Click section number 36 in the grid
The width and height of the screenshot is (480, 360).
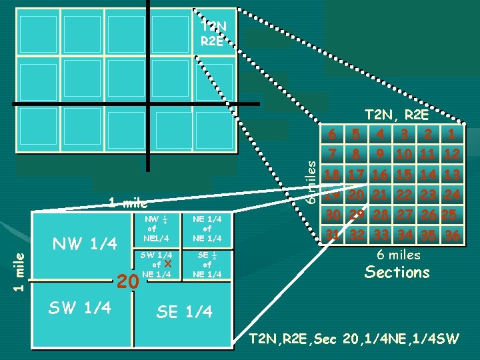pos(453,235)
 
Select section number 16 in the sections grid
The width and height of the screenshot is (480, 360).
pos(379,175)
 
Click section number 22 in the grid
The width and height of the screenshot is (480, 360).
pos(403,195)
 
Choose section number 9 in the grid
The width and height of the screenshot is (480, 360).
pos(380,154)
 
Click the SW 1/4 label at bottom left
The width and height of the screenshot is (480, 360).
pos(79,307)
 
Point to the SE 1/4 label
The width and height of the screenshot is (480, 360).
pos(184,311)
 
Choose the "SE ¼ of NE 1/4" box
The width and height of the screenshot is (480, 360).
pos(207,265)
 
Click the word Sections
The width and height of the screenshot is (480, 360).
pos(398,272)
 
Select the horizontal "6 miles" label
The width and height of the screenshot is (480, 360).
pos(399,255)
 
